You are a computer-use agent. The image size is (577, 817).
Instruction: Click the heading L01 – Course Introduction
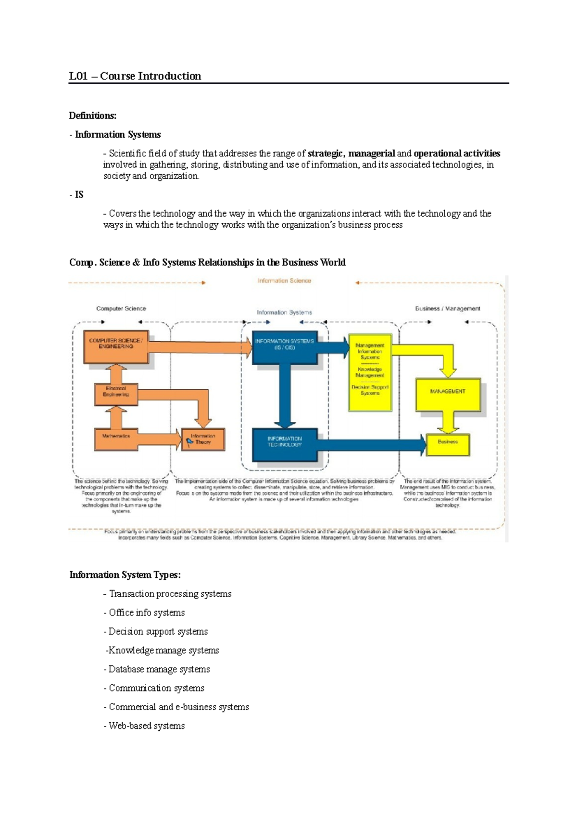coord(135,76)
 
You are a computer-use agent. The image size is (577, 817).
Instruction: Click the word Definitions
coord(92,115)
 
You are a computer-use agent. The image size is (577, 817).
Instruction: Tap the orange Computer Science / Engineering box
coord(116,346)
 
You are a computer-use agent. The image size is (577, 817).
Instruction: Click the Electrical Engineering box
coord(116,394)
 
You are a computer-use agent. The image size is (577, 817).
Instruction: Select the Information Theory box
coord(203,439)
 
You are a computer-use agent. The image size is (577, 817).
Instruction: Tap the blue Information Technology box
coord(285,443)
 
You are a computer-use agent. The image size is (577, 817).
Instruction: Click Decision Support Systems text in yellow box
coord(370,390)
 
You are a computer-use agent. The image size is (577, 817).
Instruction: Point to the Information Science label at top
coord(284,281)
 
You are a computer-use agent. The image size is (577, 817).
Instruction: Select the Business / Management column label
coord(447,308)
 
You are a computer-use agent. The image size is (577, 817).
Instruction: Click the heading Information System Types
coord(125,575)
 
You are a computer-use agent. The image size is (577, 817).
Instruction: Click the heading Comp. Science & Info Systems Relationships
coord(207,262)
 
